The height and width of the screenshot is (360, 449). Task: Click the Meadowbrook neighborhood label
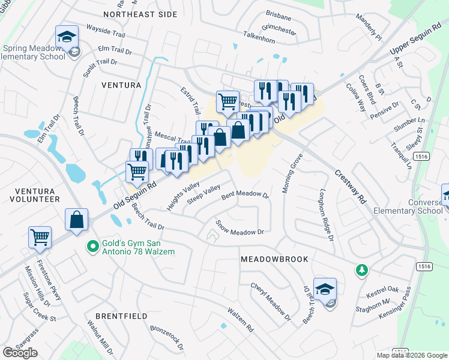[x=274, y=259]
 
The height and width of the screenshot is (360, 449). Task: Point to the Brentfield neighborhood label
[x=121, y=315]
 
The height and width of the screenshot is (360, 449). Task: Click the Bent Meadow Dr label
[x=244, y=195]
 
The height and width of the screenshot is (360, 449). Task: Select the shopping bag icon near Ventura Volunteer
[x=77, y=220]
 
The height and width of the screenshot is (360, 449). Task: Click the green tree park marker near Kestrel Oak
[x=361, y=271]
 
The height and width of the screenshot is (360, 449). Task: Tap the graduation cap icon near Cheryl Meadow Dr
[x=325, y=289]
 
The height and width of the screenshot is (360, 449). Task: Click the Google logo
[x=20, y=353]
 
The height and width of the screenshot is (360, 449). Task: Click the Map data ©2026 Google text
[x=412, y=355]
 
